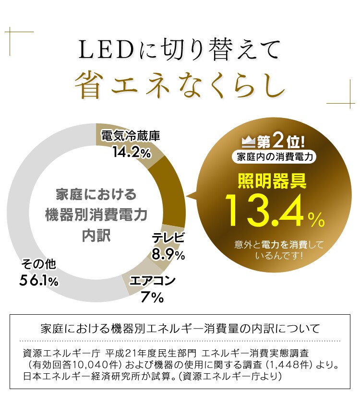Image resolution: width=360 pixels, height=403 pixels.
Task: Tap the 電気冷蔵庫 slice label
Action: coord(130,136)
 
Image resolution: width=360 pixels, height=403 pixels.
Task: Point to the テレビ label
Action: coord(168,238)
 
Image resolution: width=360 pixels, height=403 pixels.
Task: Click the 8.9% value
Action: coord(168,255)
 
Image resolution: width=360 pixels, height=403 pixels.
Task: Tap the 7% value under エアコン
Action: coord(153,297)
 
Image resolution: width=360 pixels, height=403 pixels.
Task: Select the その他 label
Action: coord(39,264)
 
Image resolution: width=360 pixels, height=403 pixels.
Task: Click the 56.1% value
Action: coord(39,281)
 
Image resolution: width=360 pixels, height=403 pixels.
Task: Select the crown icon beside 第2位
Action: coord(248,142)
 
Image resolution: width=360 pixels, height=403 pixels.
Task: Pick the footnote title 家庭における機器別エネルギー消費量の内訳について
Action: coord(180,329)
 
